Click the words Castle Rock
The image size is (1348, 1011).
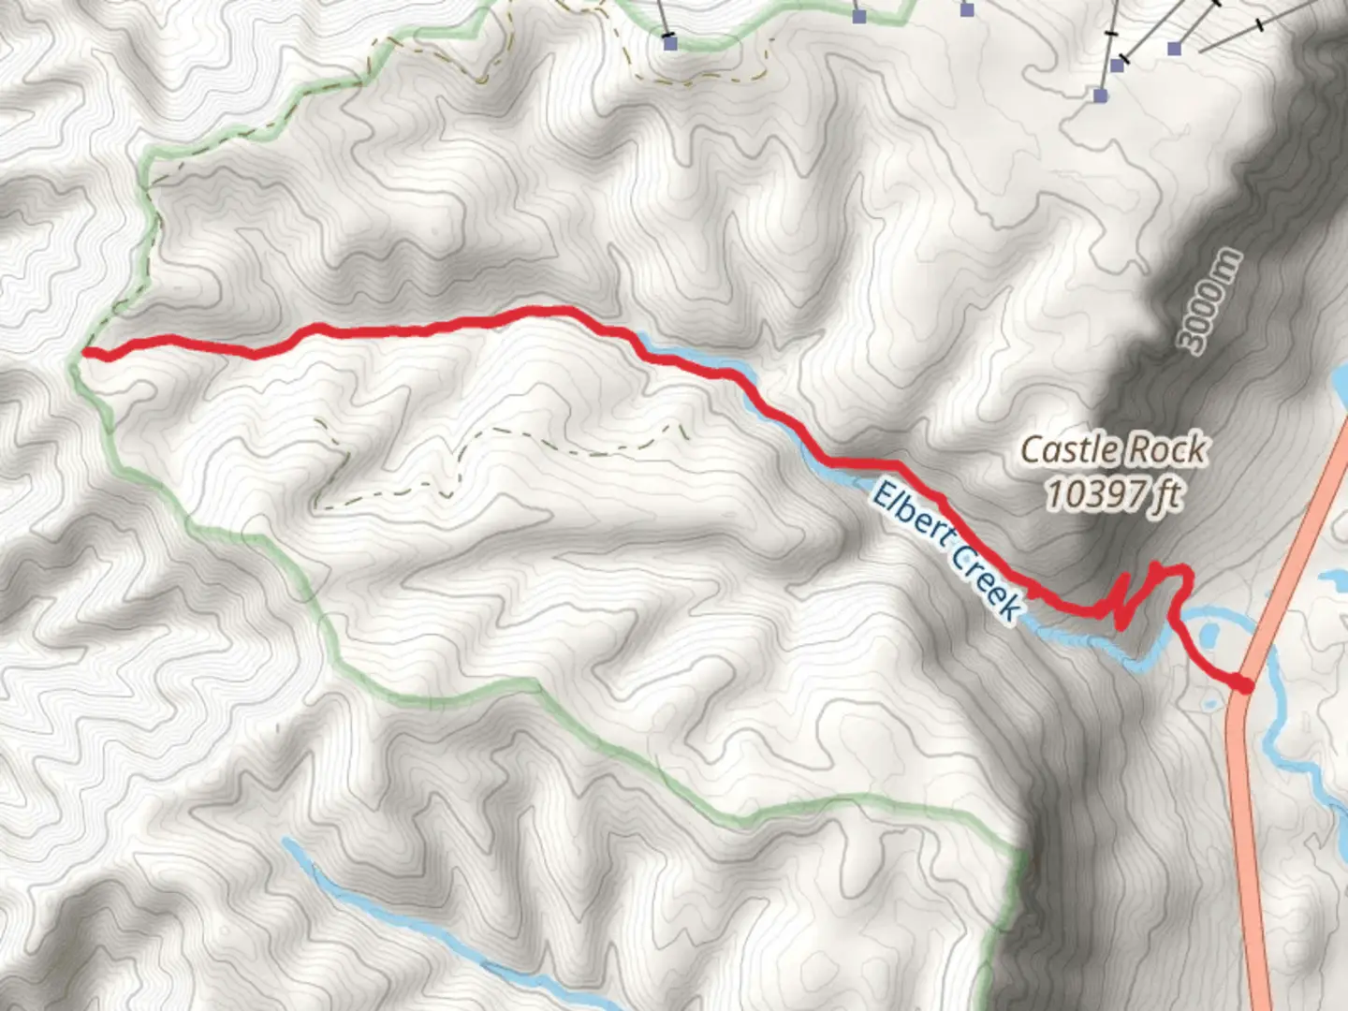click(x=1112, y=450)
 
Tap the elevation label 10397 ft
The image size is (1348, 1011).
click(x=1112, y=493)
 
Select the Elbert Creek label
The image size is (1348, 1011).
click(x=945, y=550)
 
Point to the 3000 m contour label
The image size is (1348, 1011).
click(x=1211, y=301)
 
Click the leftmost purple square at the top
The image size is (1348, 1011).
click(x=669, y=42)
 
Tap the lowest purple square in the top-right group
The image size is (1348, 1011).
click(x=1101, y=95)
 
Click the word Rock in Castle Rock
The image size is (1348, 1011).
click(x=1167, y=450)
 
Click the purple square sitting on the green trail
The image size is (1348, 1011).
click(x=859, y=16)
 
